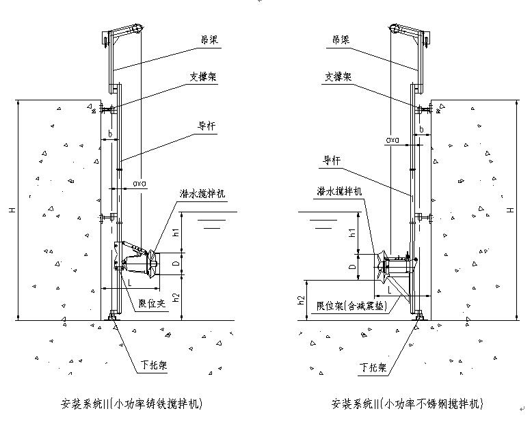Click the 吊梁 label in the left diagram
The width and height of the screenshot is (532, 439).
(204, 41)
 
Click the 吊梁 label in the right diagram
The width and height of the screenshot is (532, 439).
(341, 41)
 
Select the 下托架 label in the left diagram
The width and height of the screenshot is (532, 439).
(154, 365)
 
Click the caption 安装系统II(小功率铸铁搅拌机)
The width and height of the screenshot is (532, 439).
(132, 404)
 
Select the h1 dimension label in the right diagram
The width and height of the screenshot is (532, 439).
(353, 231)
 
